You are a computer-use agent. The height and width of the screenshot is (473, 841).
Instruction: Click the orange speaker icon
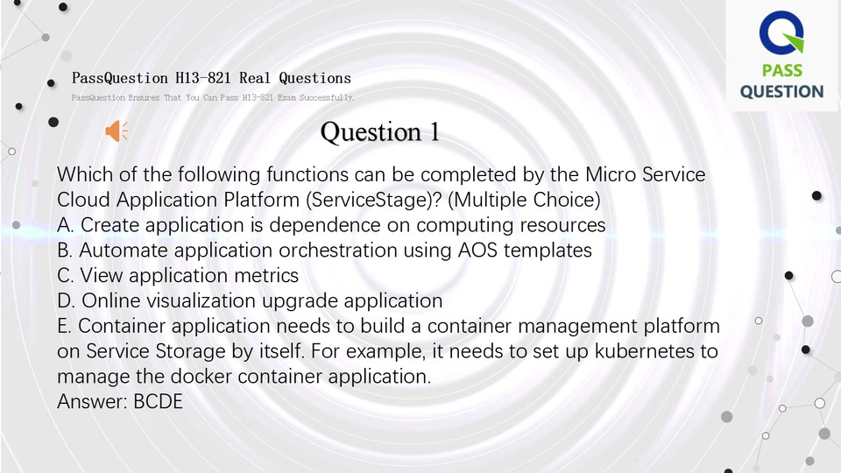(x=117, y=131)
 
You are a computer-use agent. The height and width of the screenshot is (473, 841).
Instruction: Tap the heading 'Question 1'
(x=379, y=132)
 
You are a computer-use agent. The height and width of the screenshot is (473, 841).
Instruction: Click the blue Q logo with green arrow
(x=781, y=32)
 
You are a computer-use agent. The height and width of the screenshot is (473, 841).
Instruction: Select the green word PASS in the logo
(x=782, y=70)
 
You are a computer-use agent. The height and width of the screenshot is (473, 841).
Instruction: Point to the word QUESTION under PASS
(x=782, y=92)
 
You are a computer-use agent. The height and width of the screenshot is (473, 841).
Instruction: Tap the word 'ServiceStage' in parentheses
(x=371, y=200)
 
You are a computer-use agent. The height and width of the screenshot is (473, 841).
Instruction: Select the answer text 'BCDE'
(x=159, y=402)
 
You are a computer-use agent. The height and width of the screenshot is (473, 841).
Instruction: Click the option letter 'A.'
(x=66, y=225)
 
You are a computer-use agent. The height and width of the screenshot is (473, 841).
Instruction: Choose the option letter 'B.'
(x=65, y=251)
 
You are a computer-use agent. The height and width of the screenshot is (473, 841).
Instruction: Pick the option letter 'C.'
(x=66, y=276)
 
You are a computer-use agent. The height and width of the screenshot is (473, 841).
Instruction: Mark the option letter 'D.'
(x=66, y=300)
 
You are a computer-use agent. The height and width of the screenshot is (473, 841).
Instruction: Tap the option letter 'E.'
(x=64, y=326)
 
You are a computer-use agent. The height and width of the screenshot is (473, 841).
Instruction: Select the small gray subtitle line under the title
(x=213, y=97)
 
